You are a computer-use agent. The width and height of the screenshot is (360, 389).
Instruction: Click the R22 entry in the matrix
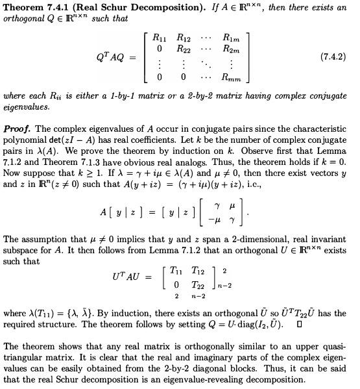tap(187, 48)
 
